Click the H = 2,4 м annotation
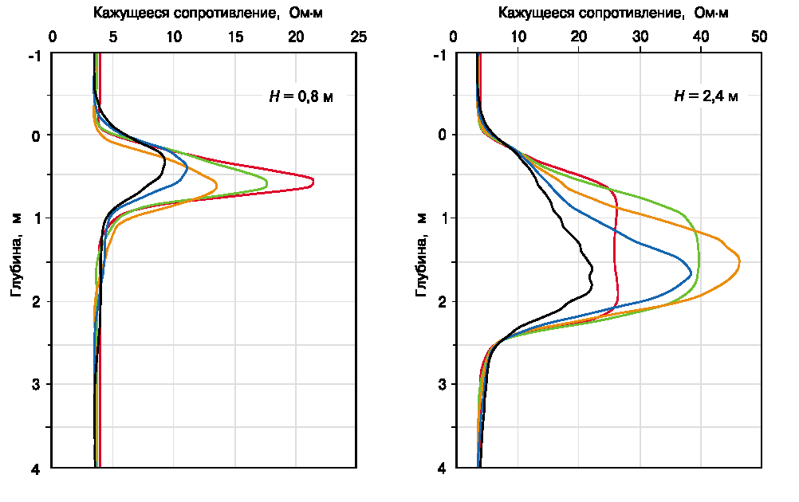click(706, 96)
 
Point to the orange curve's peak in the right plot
click(739, 261)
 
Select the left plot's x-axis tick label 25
click(357, 37)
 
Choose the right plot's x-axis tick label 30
click(640, 37)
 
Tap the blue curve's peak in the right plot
click(691, 273)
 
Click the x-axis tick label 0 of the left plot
click(53, 37)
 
